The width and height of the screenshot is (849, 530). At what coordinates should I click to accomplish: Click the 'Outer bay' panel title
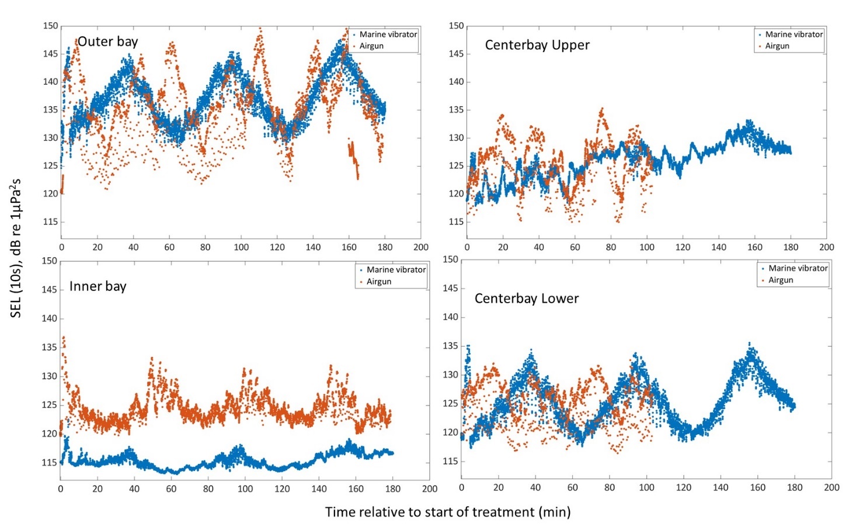click(x=107, y=41)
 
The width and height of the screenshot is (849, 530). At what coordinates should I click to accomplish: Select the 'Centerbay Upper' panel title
click(x=537, y=45)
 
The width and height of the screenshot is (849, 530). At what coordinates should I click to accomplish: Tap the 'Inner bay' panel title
click(x=98, y=286)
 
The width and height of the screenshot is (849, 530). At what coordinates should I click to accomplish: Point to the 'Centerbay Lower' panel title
click(x=526, y=299)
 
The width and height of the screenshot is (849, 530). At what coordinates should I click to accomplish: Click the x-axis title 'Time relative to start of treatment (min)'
click(x=447, y=512)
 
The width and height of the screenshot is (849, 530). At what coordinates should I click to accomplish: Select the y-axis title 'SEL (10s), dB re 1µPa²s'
click(x=16, y=248)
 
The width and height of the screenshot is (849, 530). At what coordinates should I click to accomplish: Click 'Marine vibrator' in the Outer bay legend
click(x=388, y=34)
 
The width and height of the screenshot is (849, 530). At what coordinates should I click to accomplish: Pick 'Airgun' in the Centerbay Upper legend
click(x=777, y=46)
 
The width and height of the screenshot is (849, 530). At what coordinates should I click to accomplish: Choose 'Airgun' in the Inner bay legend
click(x=378, y=282)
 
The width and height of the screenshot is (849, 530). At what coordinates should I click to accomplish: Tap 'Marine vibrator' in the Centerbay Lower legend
click(x=798, y=268)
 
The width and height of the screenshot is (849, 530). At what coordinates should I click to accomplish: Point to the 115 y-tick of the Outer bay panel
click(x=50, y=221)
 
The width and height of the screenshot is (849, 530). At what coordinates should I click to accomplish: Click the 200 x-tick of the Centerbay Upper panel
click(x=826, y=247)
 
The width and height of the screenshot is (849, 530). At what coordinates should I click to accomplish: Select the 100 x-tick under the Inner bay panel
click(x=245, y=489)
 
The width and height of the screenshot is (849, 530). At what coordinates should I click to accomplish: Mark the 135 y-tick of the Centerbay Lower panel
click(x=450, y=346)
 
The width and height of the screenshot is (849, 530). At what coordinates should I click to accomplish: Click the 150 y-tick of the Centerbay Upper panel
click(x=456, y=26)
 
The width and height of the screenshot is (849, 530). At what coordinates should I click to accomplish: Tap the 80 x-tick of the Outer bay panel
click(x=205, y=247)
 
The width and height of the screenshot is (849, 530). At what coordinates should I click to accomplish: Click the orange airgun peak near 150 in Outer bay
click(x=260, y=29)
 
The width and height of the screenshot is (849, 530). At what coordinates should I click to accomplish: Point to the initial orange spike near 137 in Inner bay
click(x=63, y=338)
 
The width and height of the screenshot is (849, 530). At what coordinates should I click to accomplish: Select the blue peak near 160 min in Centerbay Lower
click(x=750, y=344)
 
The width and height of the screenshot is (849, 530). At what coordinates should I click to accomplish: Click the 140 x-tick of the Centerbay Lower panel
click(x=721, y=487)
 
